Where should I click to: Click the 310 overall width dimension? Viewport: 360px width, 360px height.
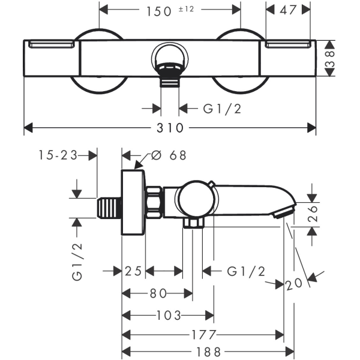[170, 128]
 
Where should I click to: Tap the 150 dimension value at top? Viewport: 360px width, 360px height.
[159, 11]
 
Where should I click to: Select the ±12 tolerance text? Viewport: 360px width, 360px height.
[186, 9]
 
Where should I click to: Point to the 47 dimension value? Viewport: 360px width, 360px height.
[288, 10]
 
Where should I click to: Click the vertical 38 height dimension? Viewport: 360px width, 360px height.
[329, 59]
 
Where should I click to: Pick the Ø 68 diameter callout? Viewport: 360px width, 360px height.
[169, 155]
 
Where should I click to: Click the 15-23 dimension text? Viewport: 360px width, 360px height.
[58, 155]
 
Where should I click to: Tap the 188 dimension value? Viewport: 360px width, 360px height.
[208, 352]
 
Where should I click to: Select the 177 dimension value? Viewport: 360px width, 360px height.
[204, 335]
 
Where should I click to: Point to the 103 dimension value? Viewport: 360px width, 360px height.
[169, 315]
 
